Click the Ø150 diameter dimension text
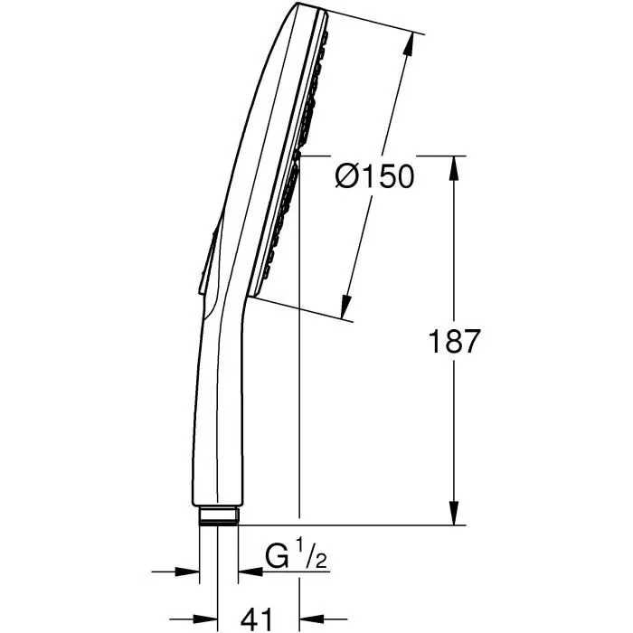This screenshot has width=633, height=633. coord(373,176)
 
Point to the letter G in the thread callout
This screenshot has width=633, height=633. coord(277,552)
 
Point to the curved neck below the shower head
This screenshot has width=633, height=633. coord(226,312)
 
